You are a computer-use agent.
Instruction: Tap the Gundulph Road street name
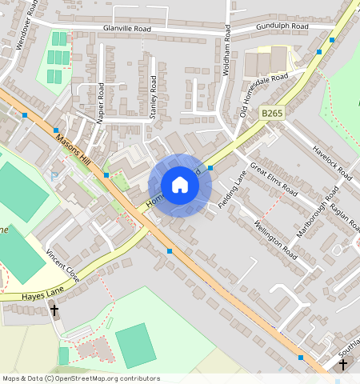point(282,26)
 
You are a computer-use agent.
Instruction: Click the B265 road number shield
point(272,114)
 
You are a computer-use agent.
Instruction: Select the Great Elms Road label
point(274,180)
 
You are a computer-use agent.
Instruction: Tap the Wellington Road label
point(275,239)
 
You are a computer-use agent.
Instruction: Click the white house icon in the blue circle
point(180,186)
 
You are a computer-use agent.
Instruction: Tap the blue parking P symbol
point(54,176)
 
